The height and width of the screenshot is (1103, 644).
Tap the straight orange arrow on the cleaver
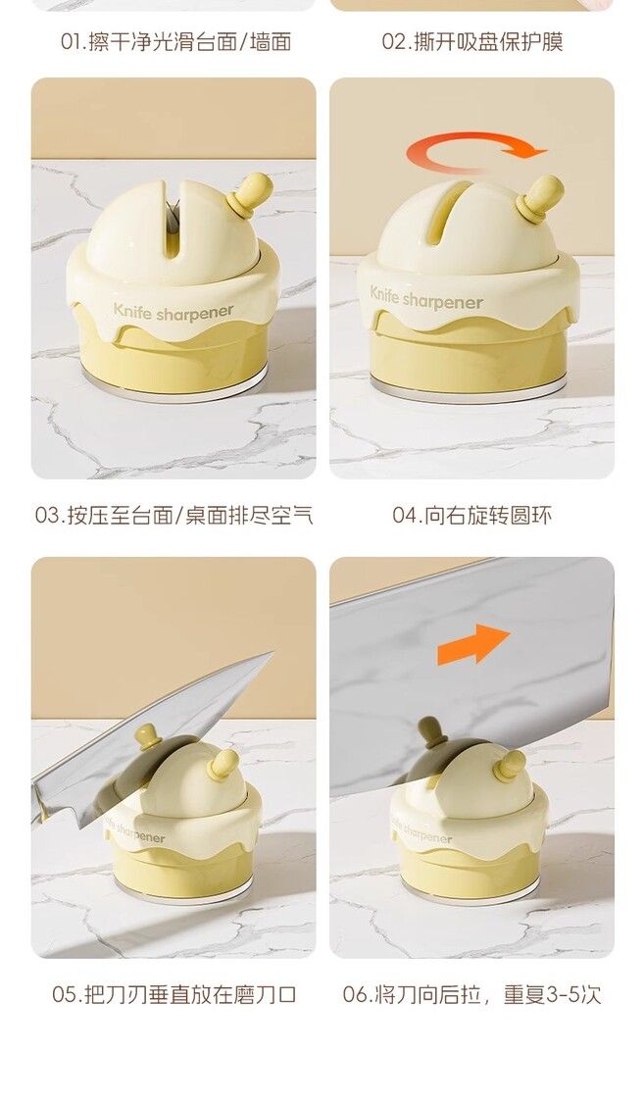(x=473, y=643)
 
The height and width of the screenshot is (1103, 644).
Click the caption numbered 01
(x=175, y=42)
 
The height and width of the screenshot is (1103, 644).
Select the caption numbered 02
(x=472, y=42)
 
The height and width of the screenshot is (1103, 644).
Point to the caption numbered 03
(x=173, y=516)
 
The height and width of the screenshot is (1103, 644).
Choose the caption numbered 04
(x=472, y=516)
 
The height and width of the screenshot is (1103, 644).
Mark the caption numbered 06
(x=472, y=995)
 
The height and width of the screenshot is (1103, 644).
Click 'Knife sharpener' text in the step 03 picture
(x=173, y=312)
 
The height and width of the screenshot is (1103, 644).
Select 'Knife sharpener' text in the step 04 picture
(x=426, y=300)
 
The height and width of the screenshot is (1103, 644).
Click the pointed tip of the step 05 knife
(x=271, y=654)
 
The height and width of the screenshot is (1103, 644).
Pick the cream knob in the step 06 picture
(x=510, y=766)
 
